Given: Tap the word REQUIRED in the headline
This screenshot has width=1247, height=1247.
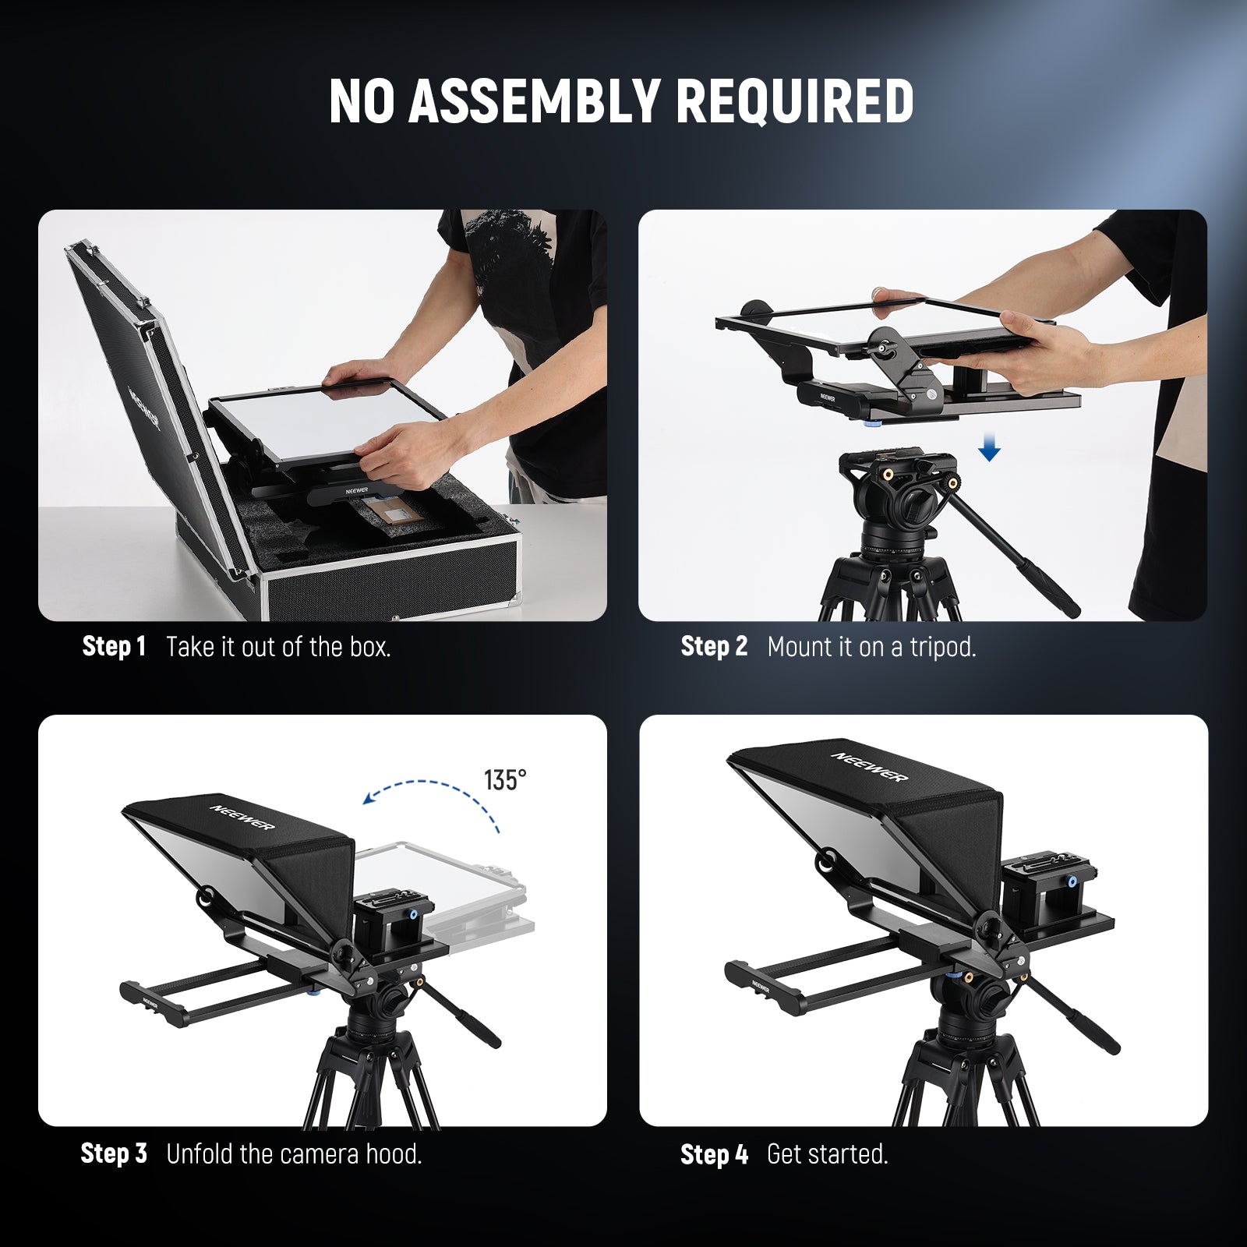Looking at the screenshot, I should pyautogui.click(x=795, y=101).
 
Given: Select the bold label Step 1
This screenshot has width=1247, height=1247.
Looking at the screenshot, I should pyautogui.click(x=114, y=646).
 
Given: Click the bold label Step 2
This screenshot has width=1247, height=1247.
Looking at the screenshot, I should pyautogui.click(x=714, y=646).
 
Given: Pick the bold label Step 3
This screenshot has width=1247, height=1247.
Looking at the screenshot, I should pyautogui.click(x=114, y=1153).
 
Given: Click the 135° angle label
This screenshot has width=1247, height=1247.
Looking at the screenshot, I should pyautogui.click(x=504, y=780).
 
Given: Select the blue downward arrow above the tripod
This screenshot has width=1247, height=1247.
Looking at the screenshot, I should pyautogui.click(x=989, y=449).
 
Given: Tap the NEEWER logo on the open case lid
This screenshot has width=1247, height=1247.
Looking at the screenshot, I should pyautogui.click(x=145, y=408).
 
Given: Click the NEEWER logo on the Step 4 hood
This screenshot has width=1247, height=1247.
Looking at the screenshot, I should pyautogui.click(x=870, y=766).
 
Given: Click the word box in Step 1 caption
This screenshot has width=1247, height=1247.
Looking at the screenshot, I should pyautogui.click(x=369, y=647).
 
